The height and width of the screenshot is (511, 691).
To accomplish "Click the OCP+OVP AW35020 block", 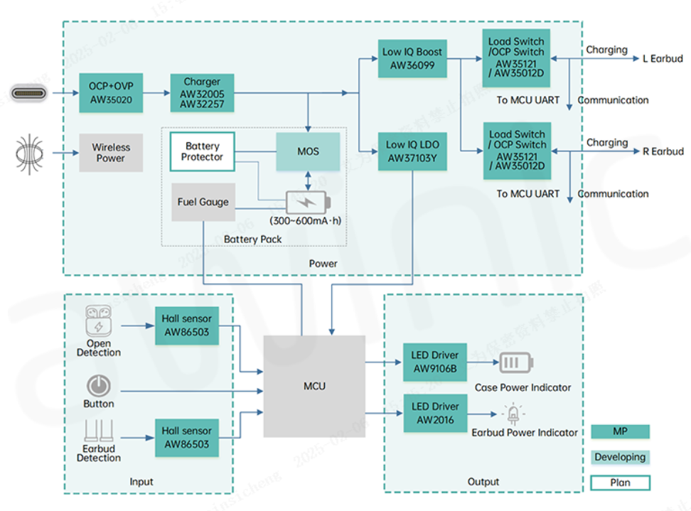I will (x=111, y=92).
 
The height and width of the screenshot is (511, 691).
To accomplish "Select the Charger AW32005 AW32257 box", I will (x=202, y=92).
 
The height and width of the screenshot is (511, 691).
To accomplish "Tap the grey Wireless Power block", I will (x=111, y=153).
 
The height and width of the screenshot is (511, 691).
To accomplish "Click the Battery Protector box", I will (x=202, y=151).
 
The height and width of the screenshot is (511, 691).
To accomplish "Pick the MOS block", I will (x=308, y=151).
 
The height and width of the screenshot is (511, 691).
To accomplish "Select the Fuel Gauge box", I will (x=203, y=202).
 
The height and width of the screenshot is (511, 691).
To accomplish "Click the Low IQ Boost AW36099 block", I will (x=412, y=58).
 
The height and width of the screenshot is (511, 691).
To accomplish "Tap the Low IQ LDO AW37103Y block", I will (x=412, y=151).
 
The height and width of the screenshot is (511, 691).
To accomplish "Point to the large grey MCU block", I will (x=314, y=386).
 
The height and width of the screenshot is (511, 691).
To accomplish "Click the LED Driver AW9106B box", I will (x=435, y=362).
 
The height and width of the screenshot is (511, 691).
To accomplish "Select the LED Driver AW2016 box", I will (x=435, y=413).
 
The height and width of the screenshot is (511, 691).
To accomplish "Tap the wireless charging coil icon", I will (x=30, y=152).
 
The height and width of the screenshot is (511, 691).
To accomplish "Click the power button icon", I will (x=98, y=386).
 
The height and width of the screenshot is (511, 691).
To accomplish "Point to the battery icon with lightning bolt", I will (x=308, y=202).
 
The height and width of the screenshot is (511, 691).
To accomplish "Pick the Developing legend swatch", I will (x=620, y=457).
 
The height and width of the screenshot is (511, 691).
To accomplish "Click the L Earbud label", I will (x=662, y=58).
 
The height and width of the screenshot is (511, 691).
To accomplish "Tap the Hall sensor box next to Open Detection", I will (x=186, y=326).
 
